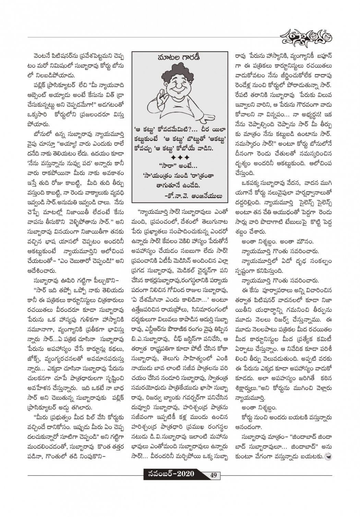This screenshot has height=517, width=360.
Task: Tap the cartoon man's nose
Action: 182,89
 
